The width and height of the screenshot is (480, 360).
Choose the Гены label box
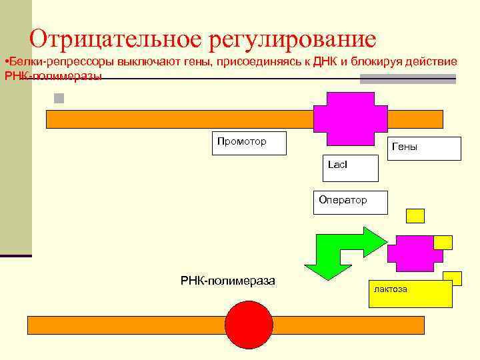click(x=425, y=149)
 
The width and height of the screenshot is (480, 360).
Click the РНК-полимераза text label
click(x=227, y=281)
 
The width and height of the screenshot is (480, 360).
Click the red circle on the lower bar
click(x=249, y=325)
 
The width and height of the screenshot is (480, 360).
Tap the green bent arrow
click(x=340, y=252)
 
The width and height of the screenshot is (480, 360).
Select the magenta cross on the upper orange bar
click(x=350, y=118)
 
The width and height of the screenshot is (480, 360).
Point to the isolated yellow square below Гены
click(x=415, y=215)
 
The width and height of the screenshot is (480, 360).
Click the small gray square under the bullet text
click(x=59, y=99)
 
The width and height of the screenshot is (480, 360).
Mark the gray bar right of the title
click(x=407, y=79)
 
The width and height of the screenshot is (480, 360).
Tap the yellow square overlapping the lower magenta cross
click(x=443, y=242)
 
